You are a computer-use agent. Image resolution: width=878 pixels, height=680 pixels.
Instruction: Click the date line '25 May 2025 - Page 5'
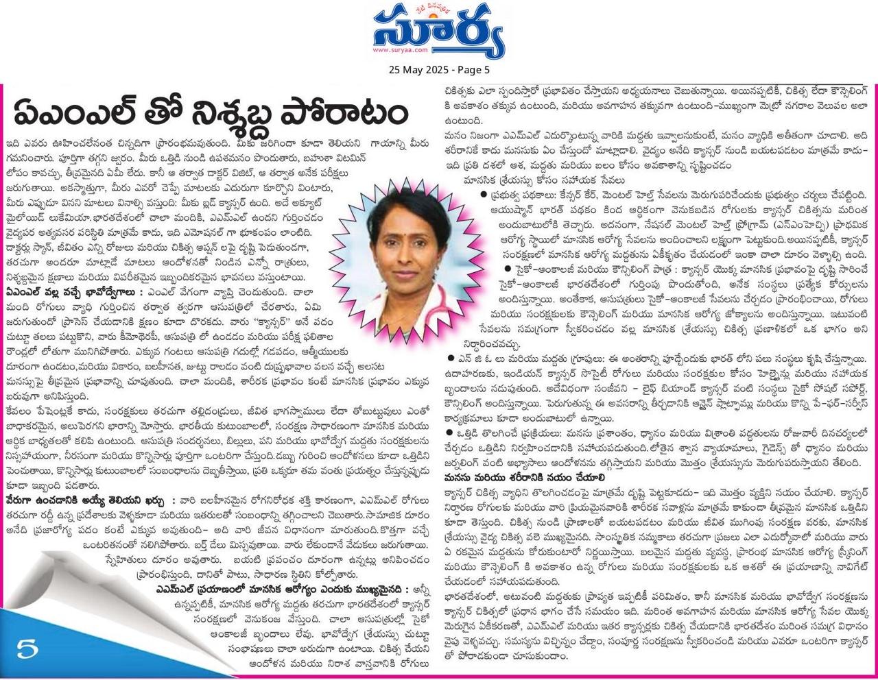point(439,69)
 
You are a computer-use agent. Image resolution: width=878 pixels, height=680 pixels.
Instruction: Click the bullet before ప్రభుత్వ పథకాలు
point(484,195)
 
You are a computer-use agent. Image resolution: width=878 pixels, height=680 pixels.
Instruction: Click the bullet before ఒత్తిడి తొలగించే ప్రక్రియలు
point(449,432)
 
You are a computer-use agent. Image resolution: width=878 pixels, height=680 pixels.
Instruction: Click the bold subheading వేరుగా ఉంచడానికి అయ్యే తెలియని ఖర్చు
point(86,499)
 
